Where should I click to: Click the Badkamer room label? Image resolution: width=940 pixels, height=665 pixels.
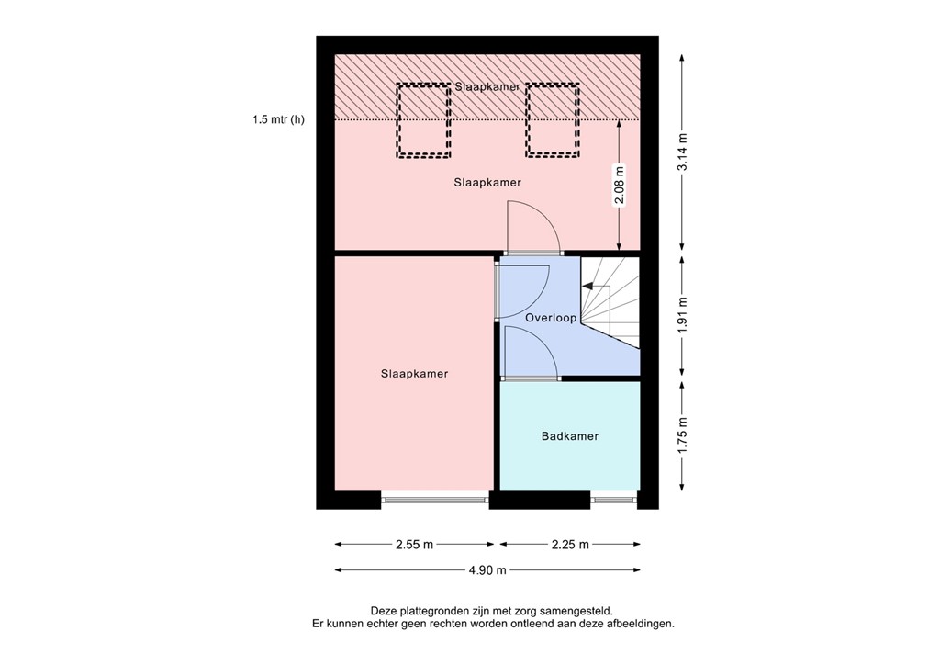pyautogui.click(x=569, y=436)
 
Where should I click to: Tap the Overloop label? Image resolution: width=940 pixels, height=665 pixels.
pyautogui.click(x=551, y=318)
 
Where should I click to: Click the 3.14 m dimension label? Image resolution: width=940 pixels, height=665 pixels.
pyautogui.click(x=682, y=152)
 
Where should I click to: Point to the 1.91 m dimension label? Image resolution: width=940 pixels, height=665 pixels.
pyautogui.click(x=682, y=317)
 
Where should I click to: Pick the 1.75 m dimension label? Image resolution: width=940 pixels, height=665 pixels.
pyautogui.click(x=682, y=435)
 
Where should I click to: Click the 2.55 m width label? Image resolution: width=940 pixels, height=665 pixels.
pyautogui.click(x=414, y=545)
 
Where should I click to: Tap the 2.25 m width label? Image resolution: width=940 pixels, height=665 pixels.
pyautogui.click(x=569, y=545)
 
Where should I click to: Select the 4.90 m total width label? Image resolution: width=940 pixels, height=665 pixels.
pyautogui.click(x=487, y=570)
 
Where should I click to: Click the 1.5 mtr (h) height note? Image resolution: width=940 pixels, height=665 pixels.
pyautogui.click(x=278, y=119)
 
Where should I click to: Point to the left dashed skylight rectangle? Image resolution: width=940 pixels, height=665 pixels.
pyautogui.click(x=423, y=120)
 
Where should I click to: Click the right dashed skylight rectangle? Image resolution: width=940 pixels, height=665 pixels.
pyautogui.click(x=553, y=120)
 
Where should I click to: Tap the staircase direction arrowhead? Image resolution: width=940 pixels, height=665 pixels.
pyautogui.click(x=587, y=287)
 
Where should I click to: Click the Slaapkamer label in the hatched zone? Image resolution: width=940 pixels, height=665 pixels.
pyautogui.click(x=487, y=86)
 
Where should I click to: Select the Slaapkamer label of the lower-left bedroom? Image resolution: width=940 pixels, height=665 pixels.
pyautogui.click(x=415, y=374)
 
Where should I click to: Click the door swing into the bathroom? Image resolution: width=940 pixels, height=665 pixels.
pyautogui.click(x=531, y=353)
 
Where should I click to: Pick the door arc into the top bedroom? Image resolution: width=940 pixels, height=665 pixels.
pyautogui.click(x=533, y=228)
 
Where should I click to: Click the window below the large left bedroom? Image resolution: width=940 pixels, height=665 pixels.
pyautogui.click(x=435, y=500)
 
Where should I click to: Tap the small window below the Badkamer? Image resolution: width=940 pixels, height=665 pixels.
pyautogui.click(x=613, y=500)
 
